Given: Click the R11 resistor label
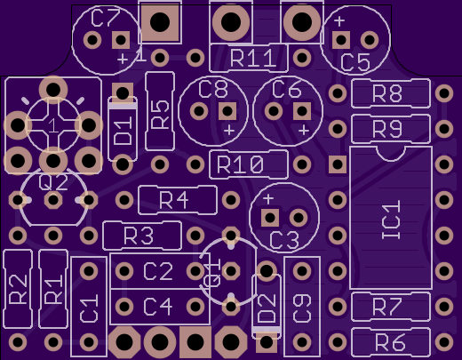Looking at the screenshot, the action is coord(253,59).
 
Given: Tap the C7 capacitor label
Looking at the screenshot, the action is coord(106,18).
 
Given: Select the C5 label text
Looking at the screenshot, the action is coord(355,63).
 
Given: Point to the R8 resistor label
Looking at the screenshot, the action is coord(387,93).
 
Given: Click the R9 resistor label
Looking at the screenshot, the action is coord(387,129).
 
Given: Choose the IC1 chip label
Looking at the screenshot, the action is coord(391,220).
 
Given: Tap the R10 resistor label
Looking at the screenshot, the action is coord(240,164).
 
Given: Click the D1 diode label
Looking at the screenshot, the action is coord(123,131).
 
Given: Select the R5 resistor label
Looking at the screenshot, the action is coord(160,115).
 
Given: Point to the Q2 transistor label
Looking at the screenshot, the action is coord(53,182).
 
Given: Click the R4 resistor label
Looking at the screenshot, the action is coord(174,200).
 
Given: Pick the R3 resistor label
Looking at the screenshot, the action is coord(139,236).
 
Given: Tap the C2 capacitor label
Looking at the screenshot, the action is coord(158,271).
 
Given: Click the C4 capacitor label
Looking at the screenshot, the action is coord(158,307).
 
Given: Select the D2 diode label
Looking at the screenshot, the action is coord(267,308).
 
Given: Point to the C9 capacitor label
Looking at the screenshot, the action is coord(302,308).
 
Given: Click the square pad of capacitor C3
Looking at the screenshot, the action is coord(270,218).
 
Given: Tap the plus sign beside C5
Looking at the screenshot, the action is coord(339,21).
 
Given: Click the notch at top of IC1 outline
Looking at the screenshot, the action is coord(391,155).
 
